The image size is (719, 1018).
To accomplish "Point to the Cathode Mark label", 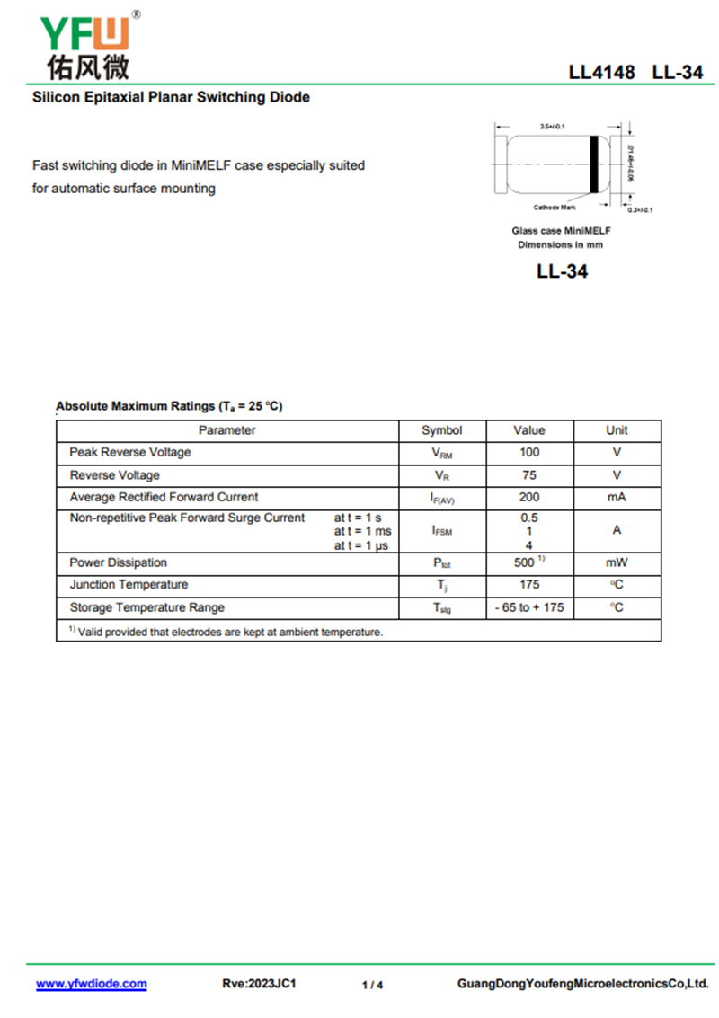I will click(555, 208).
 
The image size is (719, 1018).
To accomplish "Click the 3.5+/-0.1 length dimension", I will click(552, 127).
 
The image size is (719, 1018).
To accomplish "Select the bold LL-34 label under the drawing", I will click(562, 270).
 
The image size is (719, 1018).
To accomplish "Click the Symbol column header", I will click(441, 430).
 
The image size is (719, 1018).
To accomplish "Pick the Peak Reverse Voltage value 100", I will click(529, 452).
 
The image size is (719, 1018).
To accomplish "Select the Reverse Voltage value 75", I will click(529, 474).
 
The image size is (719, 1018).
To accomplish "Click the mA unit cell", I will click(617, 497).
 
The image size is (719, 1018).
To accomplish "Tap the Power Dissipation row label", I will click(119, 562).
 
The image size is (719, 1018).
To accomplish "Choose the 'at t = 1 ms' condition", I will click(363, 531).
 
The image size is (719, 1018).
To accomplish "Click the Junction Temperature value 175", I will click(529, 585).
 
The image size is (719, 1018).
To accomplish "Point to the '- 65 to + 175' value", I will click(529, 607).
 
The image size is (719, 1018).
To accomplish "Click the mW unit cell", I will click(617, 562).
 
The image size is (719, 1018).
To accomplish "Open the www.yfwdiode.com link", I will click(91, 984).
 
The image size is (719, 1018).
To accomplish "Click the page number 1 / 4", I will click(372, 985).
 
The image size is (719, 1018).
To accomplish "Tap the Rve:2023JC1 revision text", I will click(259, 984).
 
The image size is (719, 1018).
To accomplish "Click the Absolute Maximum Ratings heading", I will click(169, 406).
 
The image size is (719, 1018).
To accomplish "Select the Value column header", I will click(529, 430).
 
